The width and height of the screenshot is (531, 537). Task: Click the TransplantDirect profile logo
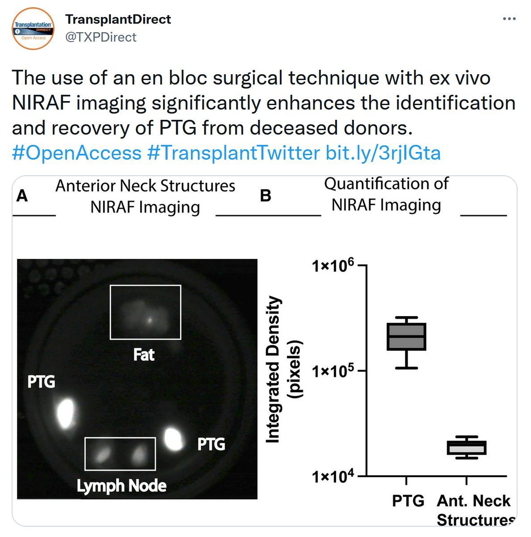[x=33, y=29]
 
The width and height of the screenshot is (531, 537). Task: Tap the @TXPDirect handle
[x=101, y=37]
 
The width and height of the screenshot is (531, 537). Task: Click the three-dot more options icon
[x=509, y=19]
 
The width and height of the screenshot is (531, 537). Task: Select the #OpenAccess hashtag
[x=76, y=153]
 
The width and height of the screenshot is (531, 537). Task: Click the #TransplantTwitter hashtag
[x=233, y=153]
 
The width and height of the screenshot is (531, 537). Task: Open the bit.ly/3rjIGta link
[x=383, y=153]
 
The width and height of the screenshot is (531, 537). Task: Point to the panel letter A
[x=22, y=195]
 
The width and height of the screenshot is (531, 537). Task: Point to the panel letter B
[x=265, y=195]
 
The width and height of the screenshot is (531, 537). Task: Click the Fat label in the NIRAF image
[x=144, y=355]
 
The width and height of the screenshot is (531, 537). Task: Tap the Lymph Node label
[x=122, y=486]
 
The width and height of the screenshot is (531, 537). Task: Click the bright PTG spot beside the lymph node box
[x=173, y=439]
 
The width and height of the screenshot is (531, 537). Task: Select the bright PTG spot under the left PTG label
[x=66, y=414]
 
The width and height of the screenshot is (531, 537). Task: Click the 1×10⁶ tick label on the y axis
[x=333, y=265]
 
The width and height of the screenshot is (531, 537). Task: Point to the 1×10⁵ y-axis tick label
[x=333, y=371]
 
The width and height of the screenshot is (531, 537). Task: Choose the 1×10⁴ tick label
[x=333, y=476]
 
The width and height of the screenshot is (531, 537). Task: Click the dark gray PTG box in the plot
[x=406, y=337]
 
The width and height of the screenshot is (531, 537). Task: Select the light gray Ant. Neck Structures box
[x=466, y=448]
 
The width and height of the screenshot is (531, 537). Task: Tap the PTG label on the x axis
[x=408, y=501]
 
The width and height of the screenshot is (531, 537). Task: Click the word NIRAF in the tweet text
[x=42, y=102]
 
